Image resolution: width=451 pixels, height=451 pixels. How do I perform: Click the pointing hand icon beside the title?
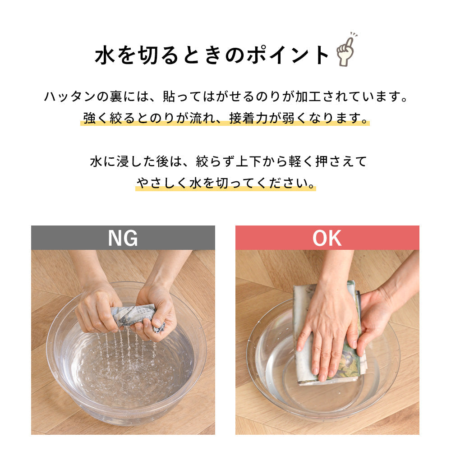tap(345, 51)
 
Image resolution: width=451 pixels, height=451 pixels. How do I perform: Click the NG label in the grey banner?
tap(123, 238)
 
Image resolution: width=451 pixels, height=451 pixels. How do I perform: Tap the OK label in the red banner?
tap(327, 238)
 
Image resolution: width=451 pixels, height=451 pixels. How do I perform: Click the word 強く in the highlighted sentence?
tap(95, 118)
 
